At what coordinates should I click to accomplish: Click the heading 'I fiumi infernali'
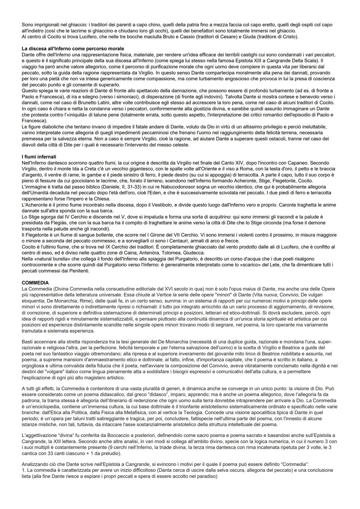point(39,157)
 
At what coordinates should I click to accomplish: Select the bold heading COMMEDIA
point(35,283)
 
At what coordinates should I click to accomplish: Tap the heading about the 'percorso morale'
point(73,49)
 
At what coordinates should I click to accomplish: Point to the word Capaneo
point(299,163)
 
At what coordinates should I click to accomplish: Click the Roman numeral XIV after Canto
point(235,163)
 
